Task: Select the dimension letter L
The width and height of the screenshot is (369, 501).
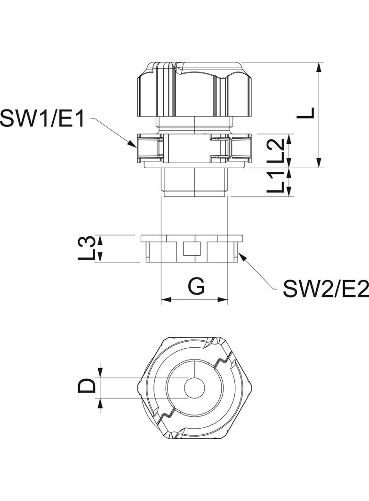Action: (305, 113)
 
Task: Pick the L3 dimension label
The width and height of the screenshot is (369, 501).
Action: (87, 248)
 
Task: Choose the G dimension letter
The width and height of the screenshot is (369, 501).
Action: (196, 286)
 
